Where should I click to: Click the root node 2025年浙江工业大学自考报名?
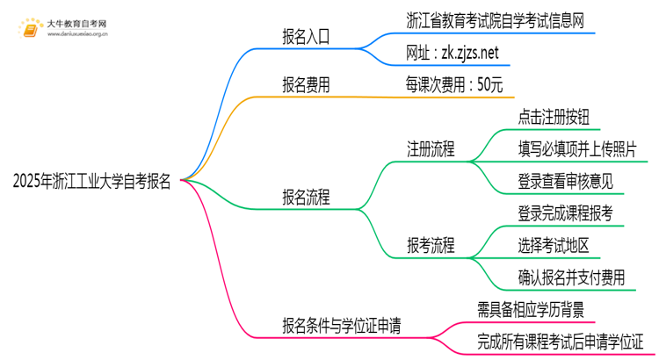pyautogui.click(x=92, y=182)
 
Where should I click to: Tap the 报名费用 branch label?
pyautogui.click(x=306, y=85)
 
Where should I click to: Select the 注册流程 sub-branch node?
pyautogui.click(x=431, y=148)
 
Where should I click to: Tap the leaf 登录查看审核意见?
pyautogui.click(x=566, y=182)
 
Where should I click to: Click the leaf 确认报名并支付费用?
pyautogui.click(x=571, y=278)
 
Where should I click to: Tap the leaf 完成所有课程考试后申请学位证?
pyautogui.click(x=561, y=341)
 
